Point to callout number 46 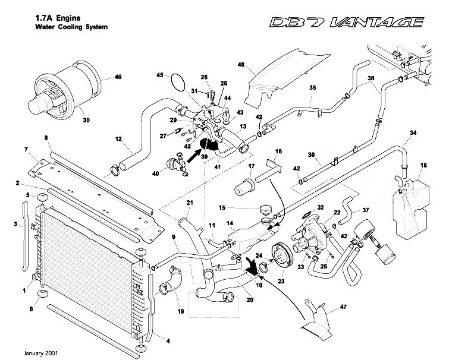click(117, 77)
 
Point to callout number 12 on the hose click(119, 141)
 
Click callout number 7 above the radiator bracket click(26, 148)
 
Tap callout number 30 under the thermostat click(86, 120)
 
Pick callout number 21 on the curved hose click(190, 204)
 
